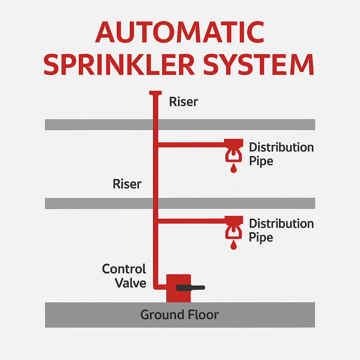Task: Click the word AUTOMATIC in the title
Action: (x=180, y=32)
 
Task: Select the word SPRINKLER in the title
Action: (x=120, y=65)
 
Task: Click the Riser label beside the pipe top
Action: (x=184, y=102)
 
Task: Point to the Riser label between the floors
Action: (x=127, y=184)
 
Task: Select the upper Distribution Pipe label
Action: (x=281, y=154)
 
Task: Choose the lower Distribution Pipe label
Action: (x=281, y=230)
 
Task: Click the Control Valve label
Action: (x=124, y=276)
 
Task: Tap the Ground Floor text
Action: (x=179, y=314)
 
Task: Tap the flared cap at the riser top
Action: (x=155, y=93)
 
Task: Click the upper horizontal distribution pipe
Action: (x=192, y=144)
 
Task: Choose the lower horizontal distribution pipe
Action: (x=192, y=221)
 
